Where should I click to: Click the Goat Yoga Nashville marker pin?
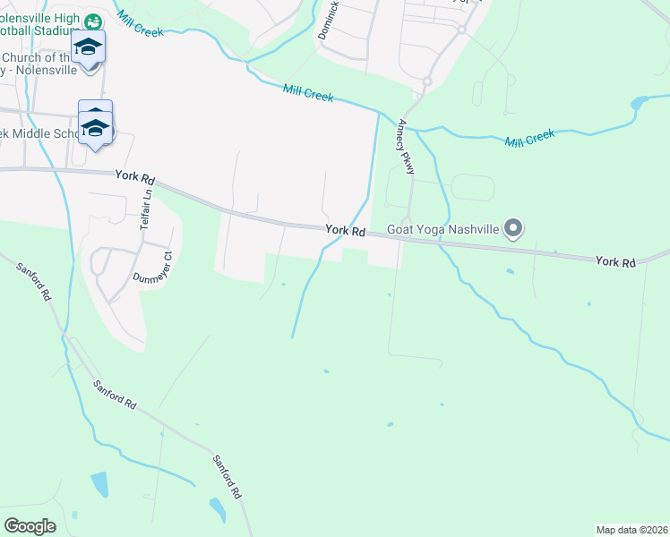click(x=513, y=229)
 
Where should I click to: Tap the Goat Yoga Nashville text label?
click(x=442, y=229)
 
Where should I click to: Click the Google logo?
click(x=30, y=526)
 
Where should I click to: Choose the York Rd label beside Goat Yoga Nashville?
click(x=345, y=230)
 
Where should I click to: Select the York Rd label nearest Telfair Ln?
click(x=135, y=175)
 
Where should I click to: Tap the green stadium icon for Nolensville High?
click(x=93, y=20)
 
